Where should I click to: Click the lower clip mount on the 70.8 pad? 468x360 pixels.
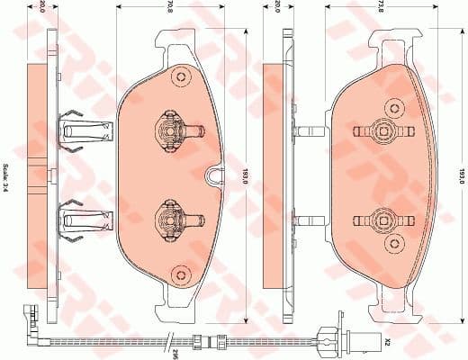point(168,216)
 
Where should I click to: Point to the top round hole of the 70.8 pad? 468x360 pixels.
point(179,75)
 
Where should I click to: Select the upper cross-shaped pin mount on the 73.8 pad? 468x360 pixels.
point(386,130)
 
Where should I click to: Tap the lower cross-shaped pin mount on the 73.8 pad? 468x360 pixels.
point(386,217)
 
